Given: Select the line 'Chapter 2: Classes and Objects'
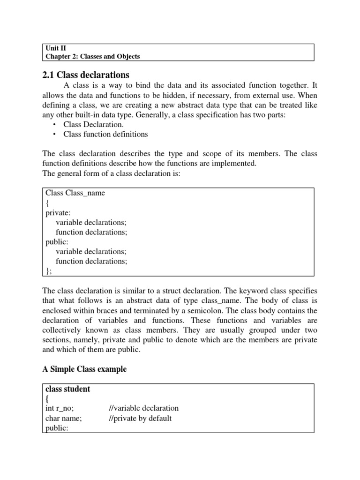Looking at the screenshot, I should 92,57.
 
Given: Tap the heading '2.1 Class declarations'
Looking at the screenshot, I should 86,75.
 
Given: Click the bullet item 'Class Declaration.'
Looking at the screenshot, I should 94,125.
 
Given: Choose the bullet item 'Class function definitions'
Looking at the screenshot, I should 105,135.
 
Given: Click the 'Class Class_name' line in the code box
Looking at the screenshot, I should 75,193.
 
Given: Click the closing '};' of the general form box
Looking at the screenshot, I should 49,271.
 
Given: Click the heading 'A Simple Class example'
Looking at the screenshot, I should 84,369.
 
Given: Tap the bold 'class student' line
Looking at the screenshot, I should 67,389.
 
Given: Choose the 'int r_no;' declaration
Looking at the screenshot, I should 60,408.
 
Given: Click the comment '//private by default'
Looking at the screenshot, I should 140,418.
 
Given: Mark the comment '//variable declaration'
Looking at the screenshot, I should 143,408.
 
